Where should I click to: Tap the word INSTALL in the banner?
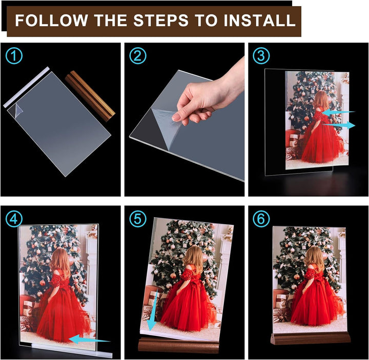pos(259,20)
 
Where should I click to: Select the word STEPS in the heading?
pos(161,20)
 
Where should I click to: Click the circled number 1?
pos(14,56)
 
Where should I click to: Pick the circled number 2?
pos(138,55)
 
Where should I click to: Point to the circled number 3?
pos(261,55)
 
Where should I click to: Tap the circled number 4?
pos(14,219)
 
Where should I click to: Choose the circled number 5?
pos(138,219)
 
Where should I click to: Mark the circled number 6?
pos(261,219)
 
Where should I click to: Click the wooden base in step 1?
pos(90,96)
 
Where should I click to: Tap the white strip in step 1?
pos(26,87)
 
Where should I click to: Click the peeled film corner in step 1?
pos(18,110)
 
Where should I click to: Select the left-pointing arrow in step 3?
pos(338,112)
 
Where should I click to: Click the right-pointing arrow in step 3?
pos(338,125)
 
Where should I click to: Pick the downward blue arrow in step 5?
pos(152,310)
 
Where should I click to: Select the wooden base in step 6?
pos(310,339)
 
